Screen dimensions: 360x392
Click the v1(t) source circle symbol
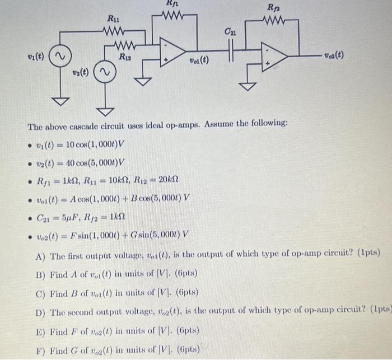[59, 57]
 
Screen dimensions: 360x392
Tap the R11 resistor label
[114, 21]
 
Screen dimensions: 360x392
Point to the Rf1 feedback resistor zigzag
[173, 13]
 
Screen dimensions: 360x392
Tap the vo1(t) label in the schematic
[199, 60]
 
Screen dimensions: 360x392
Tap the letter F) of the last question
[39, 351]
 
